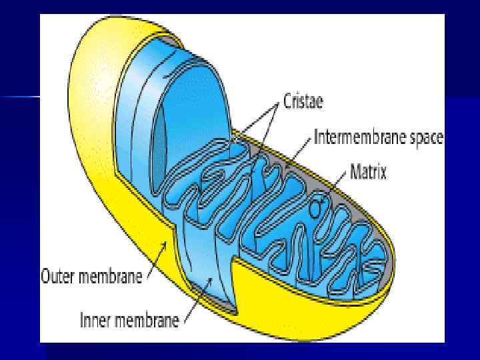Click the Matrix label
coord(369,172)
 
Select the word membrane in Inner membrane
coord(147,321)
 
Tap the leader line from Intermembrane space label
coord(300,151)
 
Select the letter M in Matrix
coord(355,172)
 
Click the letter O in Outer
coord(46,275)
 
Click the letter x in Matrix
coord(383,173)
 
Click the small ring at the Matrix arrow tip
coord(322,198)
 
